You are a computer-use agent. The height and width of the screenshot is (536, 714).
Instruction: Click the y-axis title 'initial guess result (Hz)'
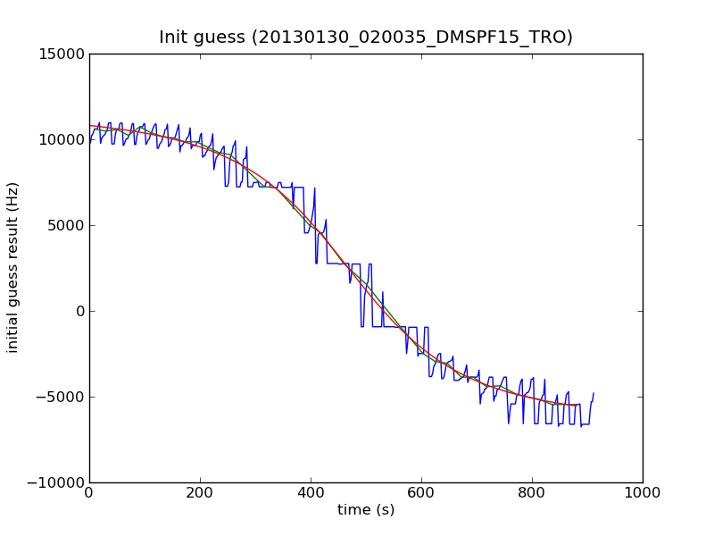point(13,267)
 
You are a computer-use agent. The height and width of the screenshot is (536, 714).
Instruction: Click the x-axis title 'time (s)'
point(366,510)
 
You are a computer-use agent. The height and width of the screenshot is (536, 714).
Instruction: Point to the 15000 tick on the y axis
point(62,54)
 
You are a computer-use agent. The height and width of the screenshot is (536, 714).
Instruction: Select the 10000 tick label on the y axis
point(62,139)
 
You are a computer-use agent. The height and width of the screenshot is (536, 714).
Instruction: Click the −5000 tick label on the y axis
point(62,397)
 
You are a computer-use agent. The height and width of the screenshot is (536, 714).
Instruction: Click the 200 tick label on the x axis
point(200,492)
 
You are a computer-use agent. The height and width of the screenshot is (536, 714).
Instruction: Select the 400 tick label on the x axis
point(311,492)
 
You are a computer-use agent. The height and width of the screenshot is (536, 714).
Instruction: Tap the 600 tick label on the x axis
point(421,492)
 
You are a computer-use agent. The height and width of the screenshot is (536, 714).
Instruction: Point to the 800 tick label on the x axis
point(532,492)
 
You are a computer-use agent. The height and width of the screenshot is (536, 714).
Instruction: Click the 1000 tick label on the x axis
point(643,492)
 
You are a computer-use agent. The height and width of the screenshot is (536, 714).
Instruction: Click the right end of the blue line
point(594,393)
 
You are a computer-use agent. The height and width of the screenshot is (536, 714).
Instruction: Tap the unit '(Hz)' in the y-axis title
point(13,196)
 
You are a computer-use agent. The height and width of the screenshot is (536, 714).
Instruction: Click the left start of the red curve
point(90,125)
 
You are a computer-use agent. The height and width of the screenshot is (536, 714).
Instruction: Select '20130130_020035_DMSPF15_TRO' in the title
point(411,38)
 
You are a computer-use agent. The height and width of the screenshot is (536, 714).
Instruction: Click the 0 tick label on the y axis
point(79,311)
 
